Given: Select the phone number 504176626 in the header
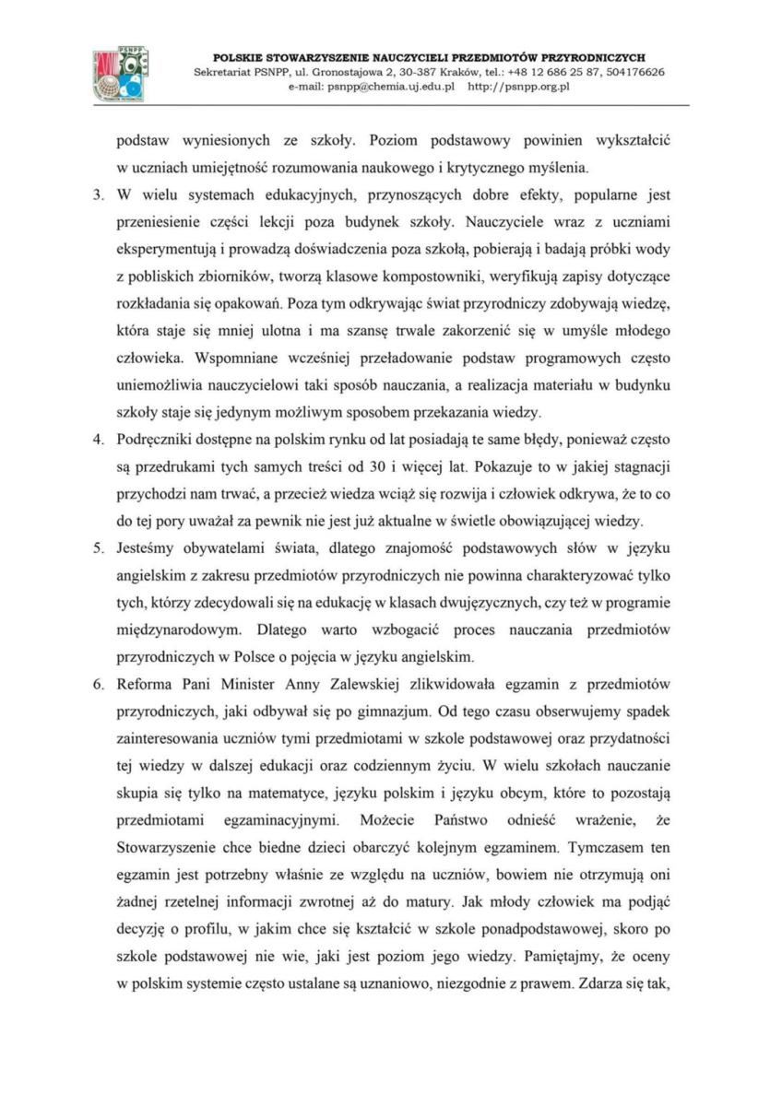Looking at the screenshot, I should tap(631, 72).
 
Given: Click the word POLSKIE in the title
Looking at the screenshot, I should tap(241, 57).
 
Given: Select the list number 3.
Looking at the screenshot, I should tap(99, 195).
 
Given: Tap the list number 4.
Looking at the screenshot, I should tap(99, 435).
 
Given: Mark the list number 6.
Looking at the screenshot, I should tap(99, 684).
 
